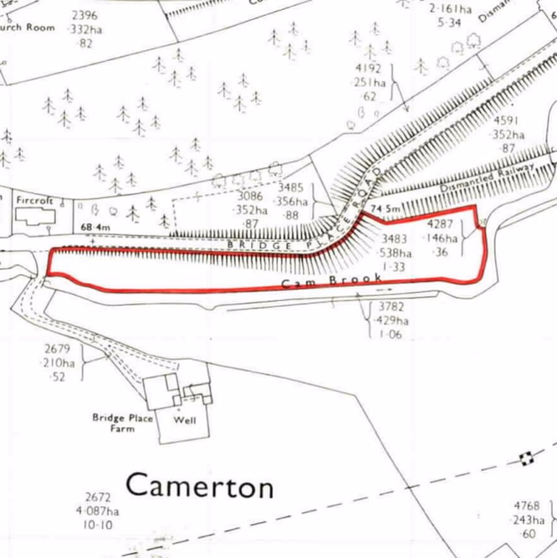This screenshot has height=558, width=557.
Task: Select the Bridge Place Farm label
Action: pyautogui.click(x=123, y=422)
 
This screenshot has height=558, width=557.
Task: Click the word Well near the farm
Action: pyautogui.click(x=185, y=420)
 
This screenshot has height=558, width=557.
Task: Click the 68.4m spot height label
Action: pyautogui.click(x=96, y=227)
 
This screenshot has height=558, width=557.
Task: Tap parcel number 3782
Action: pyautogui.click(x=391, y=307)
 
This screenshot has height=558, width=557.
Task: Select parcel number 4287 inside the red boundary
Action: pyautogui.click(x=442, y=225)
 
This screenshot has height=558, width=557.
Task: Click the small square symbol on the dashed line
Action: pyautogui.click(x=526, y=457)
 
